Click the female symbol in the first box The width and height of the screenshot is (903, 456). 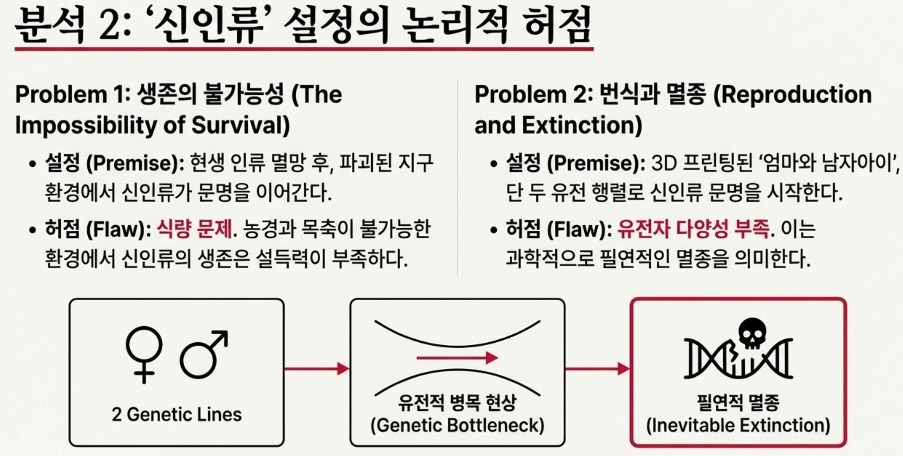pos(144,354)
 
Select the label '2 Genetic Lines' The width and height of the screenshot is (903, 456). pos(177,415)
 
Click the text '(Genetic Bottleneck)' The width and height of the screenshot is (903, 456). pos(458,425)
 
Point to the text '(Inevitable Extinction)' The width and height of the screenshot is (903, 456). pos(738,425)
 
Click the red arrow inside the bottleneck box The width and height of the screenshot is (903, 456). pos(457,358)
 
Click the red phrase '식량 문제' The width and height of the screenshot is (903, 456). pos(194,229)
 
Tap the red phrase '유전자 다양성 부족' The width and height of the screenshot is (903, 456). pos(693,229)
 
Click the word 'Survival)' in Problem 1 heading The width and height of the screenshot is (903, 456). pos(241,125)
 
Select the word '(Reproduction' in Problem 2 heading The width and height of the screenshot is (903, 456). pos(793,95)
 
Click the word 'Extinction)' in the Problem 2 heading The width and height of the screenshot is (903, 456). pos(582,125)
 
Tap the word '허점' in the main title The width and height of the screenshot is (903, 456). pos(557,27)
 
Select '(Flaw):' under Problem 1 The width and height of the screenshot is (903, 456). pos(118,229)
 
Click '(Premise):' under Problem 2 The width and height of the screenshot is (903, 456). pos(596,163)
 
